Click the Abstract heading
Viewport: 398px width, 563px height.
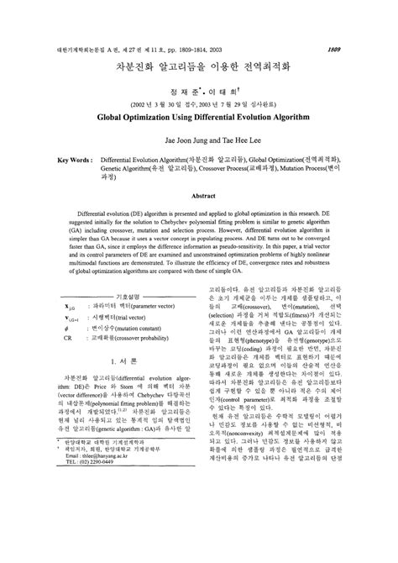[x=198, y=195]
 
